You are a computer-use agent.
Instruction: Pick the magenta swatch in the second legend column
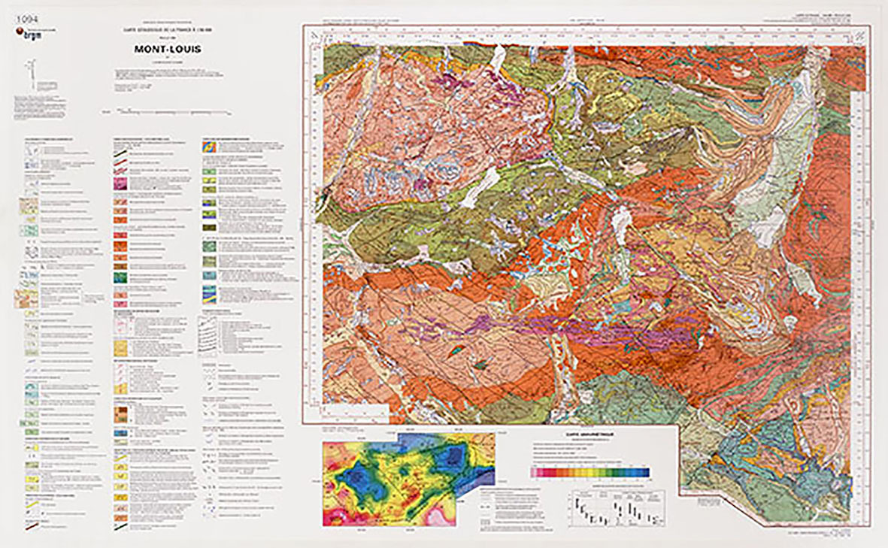pos(120,183)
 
